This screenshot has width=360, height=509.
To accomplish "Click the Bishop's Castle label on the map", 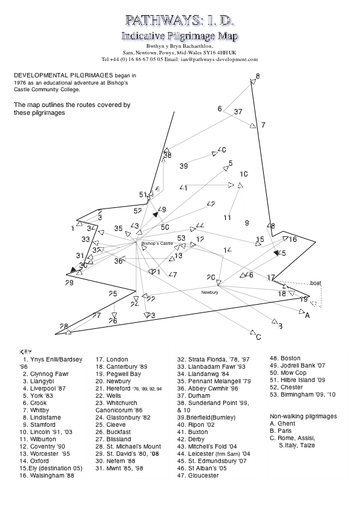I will (157, 243).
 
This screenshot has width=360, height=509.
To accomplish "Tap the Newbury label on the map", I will (209, 292).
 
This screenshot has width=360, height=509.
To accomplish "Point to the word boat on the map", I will (315, 283).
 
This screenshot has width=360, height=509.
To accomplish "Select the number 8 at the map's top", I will (257, 76).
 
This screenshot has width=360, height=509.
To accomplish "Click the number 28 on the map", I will (64, 326).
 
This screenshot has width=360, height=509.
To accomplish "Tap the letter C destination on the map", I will (258, 337).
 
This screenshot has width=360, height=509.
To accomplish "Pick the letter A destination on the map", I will (307, 315).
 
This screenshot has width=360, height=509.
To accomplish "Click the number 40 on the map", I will (221, 150).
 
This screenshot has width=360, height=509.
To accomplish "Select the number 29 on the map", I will (69, 283).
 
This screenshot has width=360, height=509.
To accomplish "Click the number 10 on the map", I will (243, 174).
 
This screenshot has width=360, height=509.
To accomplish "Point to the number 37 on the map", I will (238, 112).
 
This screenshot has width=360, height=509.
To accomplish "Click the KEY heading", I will (25, 351).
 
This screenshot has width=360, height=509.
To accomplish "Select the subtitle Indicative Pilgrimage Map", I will (180, 36).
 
